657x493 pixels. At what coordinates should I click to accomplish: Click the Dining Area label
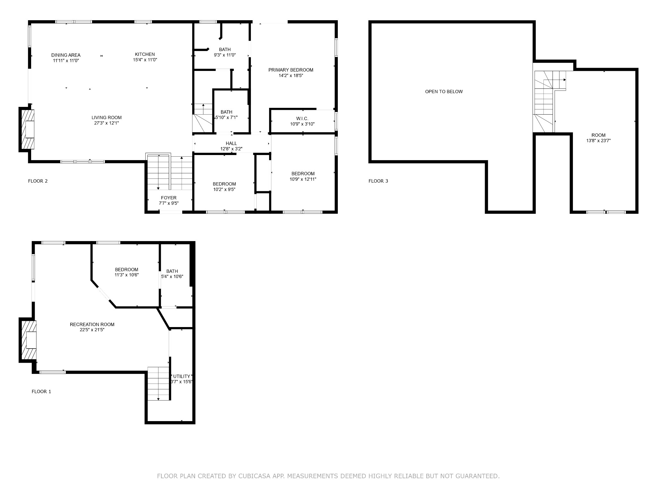click(66, 55)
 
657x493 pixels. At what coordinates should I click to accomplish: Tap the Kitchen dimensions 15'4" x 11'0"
click(145, 60)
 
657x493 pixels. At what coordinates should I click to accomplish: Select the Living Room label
click(107, 117)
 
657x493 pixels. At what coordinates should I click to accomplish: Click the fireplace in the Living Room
click(27, 129)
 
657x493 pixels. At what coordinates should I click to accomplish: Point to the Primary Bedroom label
click(291, 70)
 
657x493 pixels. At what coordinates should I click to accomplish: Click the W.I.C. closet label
click(302, 118)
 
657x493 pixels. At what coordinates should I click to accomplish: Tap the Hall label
click(231, 143)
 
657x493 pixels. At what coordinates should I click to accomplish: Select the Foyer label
click(169, 198)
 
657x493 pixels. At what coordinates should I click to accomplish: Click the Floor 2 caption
click(38, 181)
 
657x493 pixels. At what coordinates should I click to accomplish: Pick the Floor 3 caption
click(378, 181)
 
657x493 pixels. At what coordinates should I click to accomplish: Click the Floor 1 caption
click(41, 392)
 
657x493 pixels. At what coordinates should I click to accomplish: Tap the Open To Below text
click(444, 91)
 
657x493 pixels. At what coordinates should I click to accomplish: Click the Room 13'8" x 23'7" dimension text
click(598, 141)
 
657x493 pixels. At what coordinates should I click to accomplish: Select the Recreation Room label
click(92, 324)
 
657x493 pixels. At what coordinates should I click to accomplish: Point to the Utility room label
click(182, 376)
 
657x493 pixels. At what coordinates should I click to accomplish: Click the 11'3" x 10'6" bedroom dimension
click(127, 275)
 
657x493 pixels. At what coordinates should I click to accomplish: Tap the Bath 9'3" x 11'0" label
click(225, 49)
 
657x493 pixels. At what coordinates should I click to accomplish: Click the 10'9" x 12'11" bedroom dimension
click(303, 179)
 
